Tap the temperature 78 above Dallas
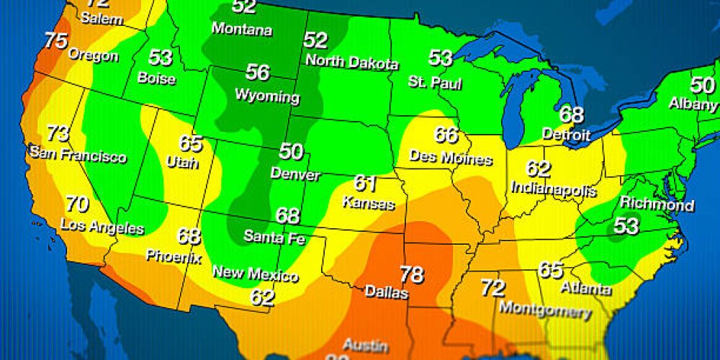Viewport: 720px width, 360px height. click(x=411, y=274)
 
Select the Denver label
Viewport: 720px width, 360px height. click(x=290, y=173)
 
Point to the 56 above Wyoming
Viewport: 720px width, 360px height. click(x=257, y=73)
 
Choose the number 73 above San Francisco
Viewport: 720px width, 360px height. click(x=58, y=134)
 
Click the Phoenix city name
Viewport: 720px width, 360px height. click(x=174, y=256)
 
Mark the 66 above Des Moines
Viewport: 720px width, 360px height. click(x=446, y=135)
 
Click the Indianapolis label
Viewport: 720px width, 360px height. click(x=554, y=189)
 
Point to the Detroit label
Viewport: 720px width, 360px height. click(x=565, y=135)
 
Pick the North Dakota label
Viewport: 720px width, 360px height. click(x=352, y=62)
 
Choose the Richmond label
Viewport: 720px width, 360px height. click(x=657, y=204)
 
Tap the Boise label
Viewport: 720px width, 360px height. click(x=156, y=77)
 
